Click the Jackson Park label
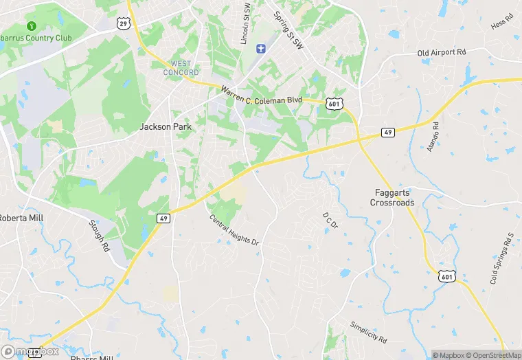coord(166,126)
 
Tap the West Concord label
coord(181,68)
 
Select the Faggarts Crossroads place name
coord(392,197)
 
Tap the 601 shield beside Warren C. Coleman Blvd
coord(334,104)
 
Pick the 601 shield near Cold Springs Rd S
coord(446,276)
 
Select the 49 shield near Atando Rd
coord(388,132)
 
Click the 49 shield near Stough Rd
coord(163,218)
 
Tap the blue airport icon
coord(260,48)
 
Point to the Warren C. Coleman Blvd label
coord(261,95)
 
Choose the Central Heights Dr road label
coord(234,231)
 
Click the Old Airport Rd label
coord(441,52)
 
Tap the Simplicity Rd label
coord(368,332)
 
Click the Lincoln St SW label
coord(245,24)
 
